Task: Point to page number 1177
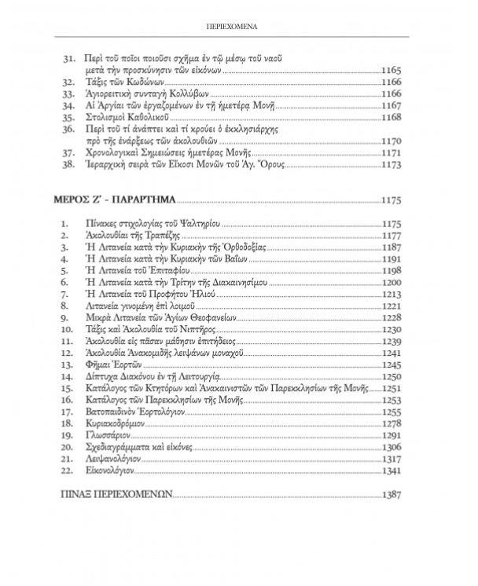coord(391,235)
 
